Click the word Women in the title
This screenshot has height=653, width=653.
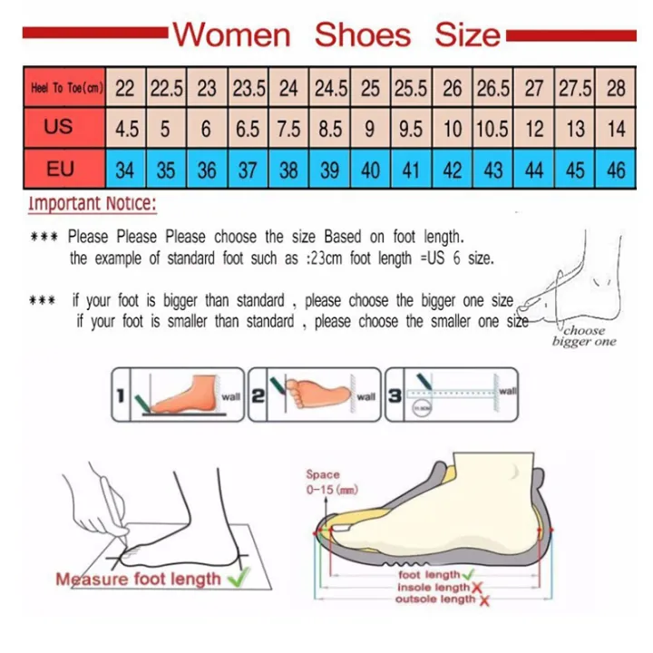point(232,34)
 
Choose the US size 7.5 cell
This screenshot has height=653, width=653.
point(288,129)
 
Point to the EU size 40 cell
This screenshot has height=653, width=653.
point(370,170)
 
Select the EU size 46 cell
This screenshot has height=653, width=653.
point(616,170)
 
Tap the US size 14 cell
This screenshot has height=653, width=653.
point(616,129)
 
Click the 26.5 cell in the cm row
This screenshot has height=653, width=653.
point(492,88)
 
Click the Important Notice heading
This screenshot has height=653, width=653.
point(92,202)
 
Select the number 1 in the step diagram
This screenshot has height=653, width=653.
point(121,394)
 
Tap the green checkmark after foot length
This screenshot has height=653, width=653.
point(468,575)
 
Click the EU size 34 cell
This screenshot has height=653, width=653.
point(126,170)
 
